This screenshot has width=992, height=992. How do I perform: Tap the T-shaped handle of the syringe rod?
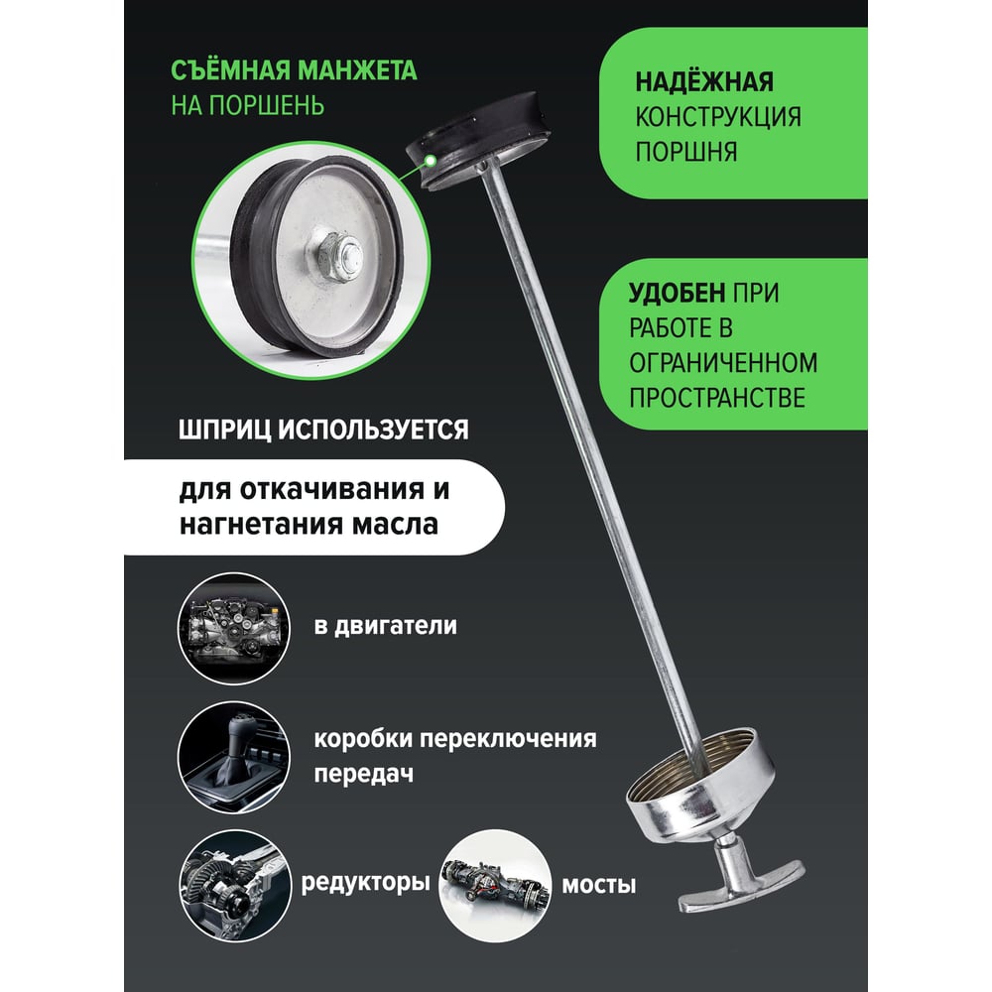coord(740,876)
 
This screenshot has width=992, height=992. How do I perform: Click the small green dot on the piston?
coord(431,161)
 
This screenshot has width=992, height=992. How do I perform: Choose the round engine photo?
coord(233,628)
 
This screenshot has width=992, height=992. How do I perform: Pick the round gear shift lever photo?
coord(233,757)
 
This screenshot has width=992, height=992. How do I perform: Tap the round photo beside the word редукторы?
coord(235,886)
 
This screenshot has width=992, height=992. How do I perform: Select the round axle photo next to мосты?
coord(495,886)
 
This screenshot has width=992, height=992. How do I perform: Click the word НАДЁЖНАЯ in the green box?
coord(704,82)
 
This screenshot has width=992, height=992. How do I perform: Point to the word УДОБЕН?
coord(677,293)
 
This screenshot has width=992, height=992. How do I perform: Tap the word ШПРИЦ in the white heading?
coord(224,431)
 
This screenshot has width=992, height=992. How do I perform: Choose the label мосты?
coord(598,885)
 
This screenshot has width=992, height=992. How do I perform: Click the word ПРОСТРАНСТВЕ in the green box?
coord(717,398)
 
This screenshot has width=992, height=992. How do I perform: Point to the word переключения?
coord(508,740)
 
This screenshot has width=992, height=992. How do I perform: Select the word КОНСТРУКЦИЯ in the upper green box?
coord(718,117)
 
